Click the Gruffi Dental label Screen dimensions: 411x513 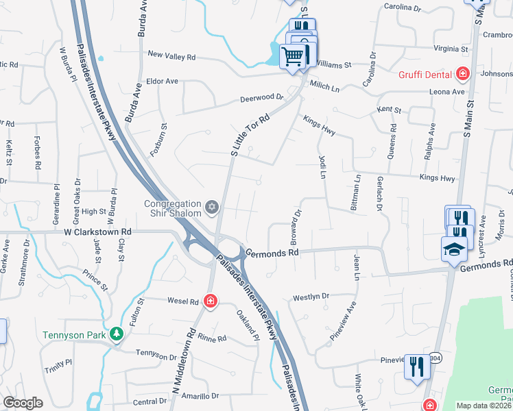coord(425,74)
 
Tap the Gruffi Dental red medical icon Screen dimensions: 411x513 coord(463,73)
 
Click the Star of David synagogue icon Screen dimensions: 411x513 coord(212,206)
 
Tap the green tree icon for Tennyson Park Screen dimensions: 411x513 coord(117,334)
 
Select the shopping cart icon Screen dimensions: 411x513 coord(293,56)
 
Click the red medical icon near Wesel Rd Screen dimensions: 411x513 coord(211,301)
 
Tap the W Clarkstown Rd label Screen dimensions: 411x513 coord(98,232)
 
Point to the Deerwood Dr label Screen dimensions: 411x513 coord(261,98)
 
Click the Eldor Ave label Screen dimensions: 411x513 coord(162,81)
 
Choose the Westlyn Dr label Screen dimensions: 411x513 coord(311,297)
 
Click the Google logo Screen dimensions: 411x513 coord(23,403)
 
